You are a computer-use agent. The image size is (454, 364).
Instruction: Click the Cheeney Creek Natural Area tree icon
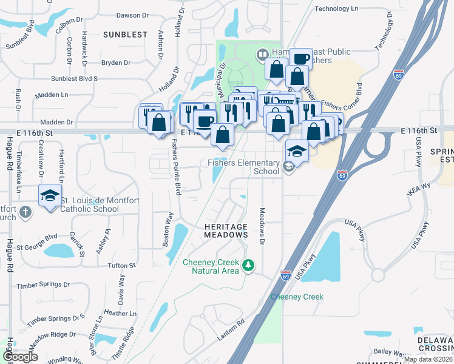pos(248,265)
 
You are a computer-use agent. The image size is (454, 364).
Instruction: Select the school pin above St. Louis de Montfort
pos(50,195)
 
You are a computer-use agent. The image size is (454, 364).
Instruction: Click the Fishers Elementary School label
pos(243,167)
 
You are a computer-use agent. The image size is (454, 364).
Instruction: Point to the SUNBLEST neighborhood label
pos(125,35)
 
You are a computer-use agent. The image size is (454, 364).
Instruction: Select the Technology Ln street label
pos(342,8)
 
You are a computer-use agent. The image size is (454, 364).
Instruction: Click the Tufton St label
pos(121,266)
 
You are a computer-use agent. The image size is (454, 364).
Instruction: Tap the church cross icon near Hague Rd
pos(24,212)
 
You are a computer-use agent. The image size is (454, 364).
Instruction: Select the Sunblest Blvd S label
pos(75,79)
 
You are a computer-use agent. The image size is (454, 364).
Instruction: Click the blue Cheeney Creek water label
pos(297,297)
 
